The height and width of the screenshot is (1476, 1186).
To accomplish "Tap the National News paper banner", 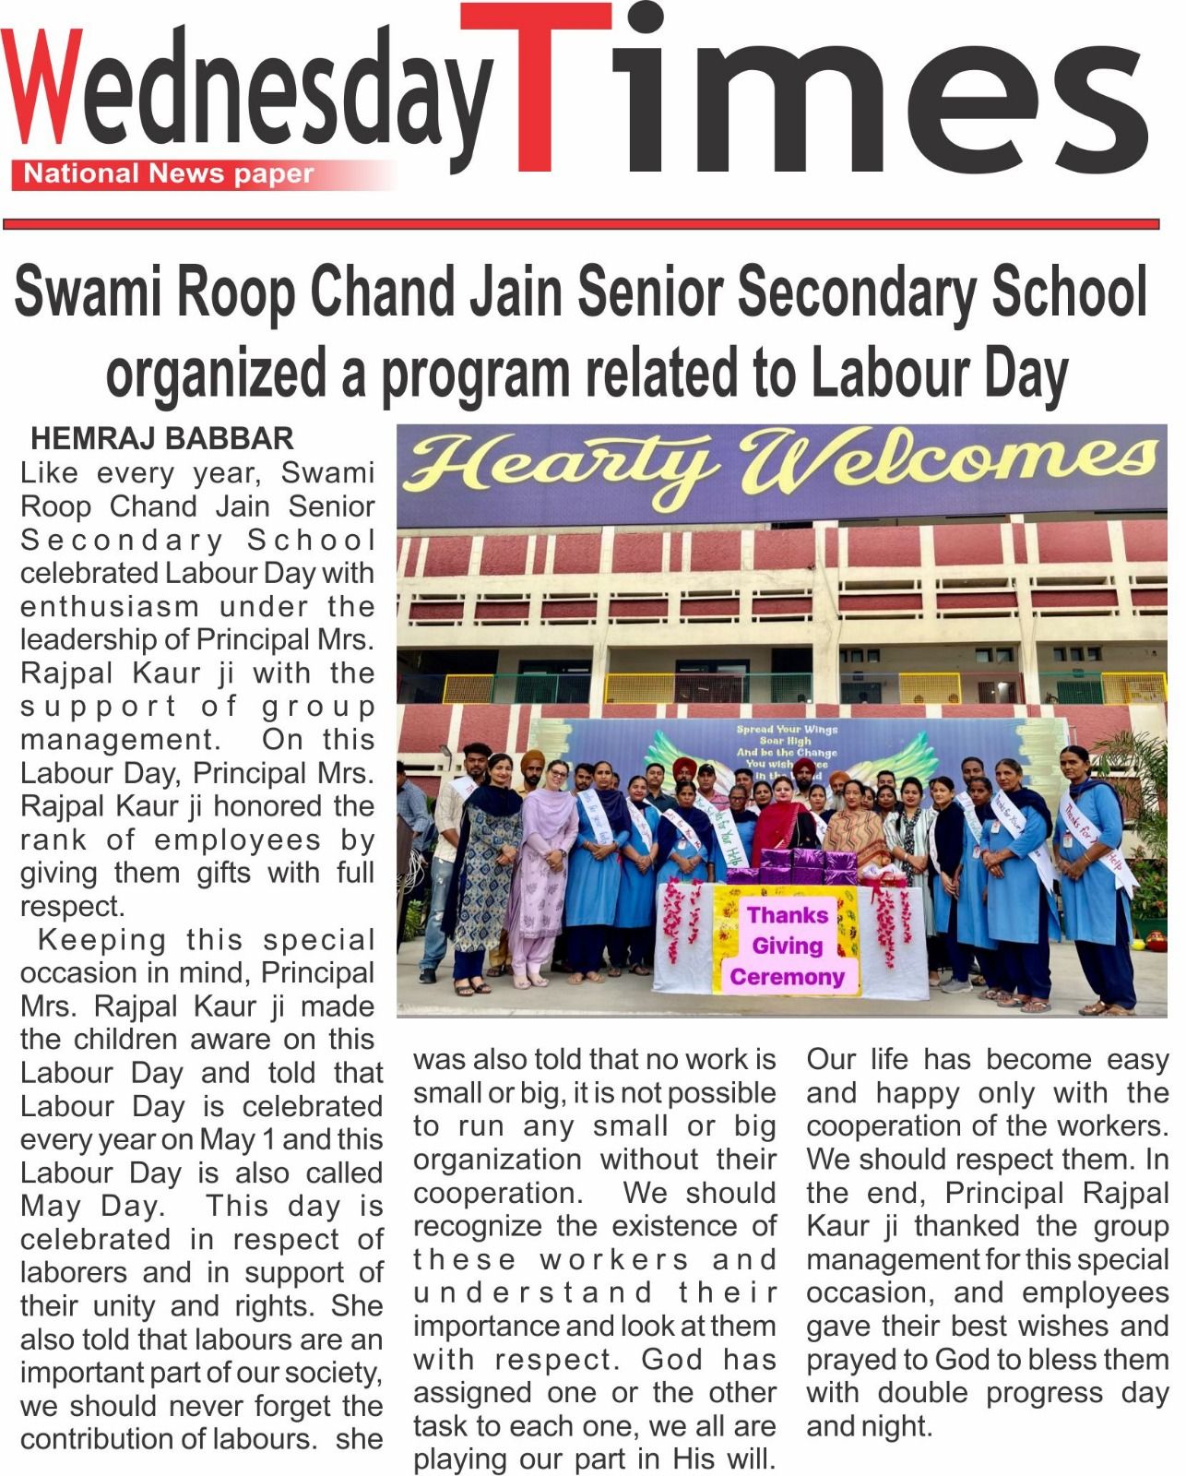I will coord(169,173).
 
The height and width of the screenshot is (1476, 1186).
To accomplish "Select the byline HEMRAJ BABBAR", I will coord(162,438).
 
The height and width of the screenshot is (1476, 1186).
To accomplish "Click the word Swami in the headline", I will coord(87,293).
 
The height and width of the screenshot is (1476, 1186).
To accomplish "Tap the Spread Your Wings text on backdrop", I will coord(787,729).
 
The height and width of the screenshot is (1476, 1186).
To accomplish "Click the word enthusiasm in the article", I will coord(110,607).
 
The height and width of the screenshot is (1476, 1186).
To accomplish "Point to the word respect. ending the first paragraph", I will coord(72,907).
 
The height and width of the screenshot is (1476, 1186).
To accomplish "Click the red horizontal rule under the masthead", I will coord(581,224).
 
